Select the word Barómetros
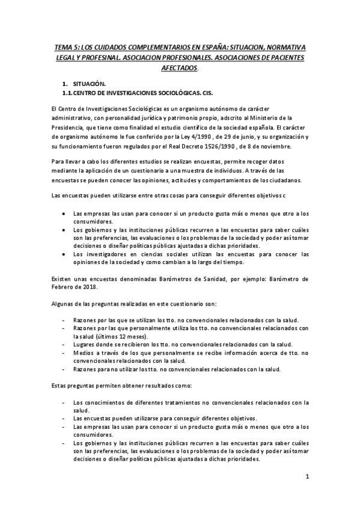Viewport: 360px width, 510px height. pyautogui.click(x=176, y=279)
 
